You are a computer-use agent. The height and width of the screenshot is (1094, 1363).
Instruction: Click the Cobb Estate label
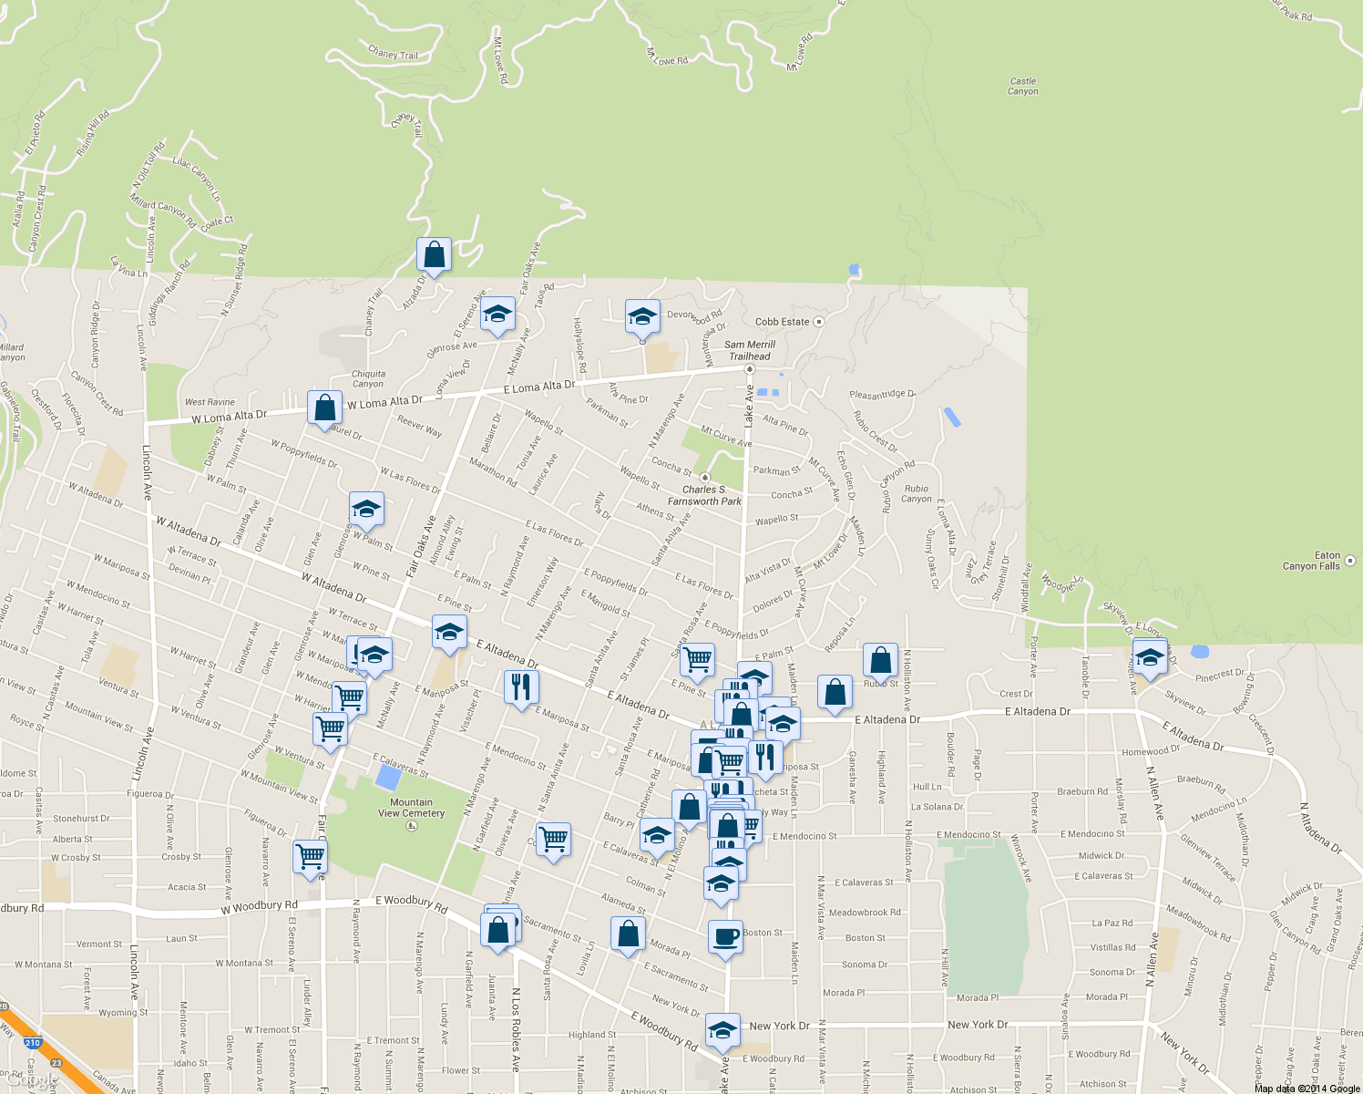782,322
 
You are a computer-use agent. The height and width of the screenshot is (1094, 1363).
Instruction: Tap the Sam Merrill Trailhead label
749,350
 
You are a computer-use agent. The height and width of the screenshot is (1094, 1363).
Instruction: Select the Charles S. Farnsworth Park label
704,495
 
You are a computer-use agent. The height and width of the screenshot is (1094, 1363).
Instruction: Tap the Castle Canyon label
1023,86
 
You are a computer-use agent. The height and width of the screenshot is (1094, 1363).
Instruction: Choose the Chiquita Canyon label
368,378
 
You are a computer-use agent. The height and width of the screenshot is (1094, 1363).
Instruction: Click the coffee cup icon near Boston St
725,936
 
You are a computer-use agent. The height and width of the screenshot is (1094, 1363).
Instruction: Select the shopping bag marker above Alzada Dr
435,254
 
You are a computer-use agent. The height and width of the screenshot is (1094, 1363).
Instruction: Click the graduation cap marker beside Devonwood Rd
642,316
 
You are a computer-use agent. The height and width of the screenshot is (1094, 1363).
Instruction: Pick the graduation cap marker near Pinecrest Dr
1150,655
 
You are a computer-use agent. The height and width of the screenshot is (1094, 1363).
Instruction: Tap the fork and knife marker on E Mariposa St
521,687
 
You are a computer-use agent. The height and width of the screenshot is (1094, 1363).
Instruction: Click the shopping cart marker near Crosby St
311,857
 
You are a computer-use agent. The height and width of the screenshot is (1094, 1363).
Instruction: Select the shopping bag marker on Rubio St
880,661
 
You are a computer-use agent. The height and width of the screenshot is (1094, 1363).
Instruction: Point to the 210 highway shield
33,1042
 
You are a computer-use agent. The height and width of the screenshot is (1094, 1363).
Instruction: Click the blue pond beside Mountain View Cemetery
388,778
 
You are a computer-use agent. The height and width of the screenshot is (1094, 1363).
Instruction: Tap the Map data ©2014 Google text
1307,1089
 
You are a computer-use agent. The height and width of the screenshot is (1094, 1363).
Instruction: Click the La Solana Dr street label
937,807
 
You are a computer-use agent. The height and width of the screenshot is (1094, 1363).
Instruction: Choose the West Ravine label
210,402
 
